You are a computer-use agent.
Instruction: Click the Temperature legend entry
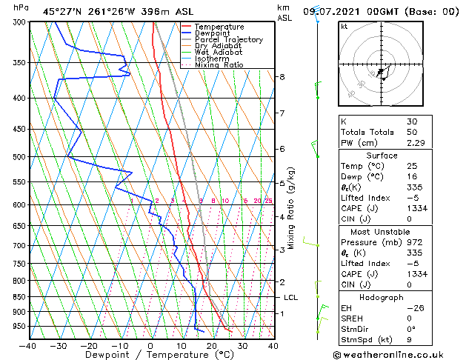[x=219, y=27]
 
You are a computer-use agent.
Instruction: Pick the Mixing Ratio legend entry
[x=219, y=65]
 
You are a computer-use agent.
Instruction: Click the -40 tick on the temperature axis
[x=27, y=345]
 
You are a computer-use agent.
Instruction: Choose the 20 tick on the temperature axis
[x=212, y=345]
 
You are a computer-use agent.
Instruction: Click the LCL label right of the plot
[x=291, y=298]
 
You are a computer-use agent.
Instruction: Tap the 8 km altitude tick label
[x=282, y=77]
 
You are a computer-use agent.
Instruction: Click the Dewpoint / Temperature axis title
[x=150, y=355]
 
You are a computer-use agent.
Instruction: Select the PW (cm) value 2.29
[x=414, y=142]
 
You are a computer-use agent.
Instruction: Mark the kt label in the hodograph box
[x=344, y=27]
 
